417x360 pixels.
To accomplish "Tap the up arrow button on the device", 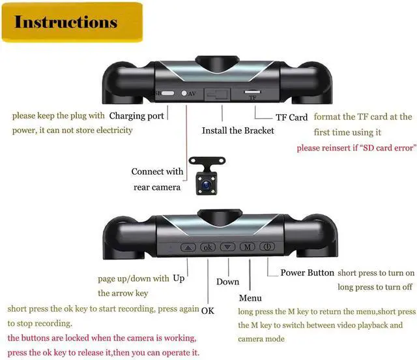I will (x=188, y=247).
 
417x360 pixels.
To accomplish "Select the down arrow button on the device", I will (x=227, y=247).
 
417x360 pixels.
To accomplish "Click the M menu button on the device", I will (x=247, y=247).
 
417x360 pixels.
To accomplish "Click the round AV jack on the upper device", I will (x=184, y=93).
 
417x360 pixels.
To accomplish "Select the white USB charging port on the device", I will (x=169, y=93).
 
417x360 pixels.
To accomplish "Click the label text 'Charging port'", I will (x=137, y=116).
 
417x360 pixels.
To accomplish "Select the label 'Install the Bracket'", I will (x=238, y=130).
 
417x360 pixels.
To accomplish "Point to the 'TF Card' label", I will (x=291, y=117).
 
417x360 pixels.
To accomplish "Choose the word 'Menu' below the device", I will (x=250, y=298).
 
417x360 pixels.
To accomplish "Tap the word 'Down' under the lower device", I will (x=227, y=282).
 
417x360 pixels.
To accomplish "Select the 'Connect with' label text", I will (x=157, y=172).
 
